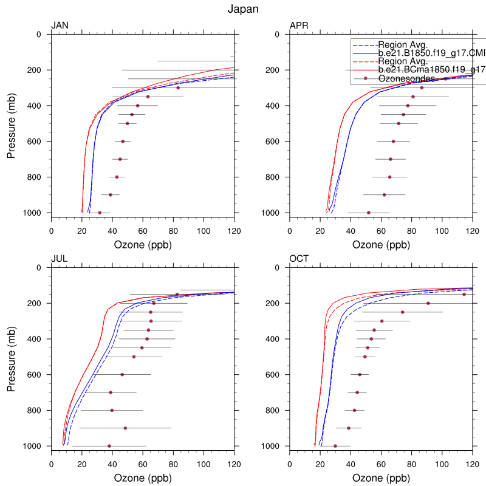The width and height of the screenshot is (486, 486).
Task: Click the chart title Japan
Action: coord(243,9)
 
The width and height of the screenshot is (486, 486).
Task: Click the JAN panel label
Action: coord(60,26)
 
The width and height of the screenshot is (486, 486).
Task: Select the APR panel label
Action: coord(299,26)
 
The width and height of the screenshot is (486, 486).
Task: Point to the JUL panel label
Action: coord(59,258)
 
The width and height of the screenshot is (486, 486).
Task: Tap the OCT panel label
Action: coord(299,258)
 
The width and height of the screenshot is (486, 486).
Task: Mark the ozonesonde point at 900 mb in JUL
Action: coord(125,428)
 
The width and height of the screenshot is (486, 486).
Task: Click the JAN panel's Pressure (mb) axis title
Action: coord(12,123)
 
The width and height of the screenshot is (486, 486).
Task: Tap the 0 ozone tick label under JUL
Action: coord(52,464)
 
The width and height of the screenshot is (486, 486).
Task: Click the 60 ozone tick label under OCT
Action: coord(381,464)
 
